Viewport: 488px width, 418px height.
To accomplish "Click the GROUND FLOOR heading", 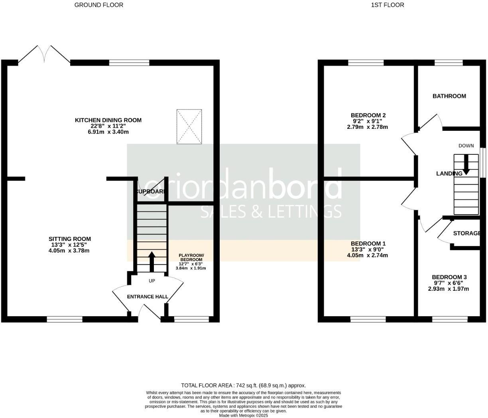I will (x=99, y=5).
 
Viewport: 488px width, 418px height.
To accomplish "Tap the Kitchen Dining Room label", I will (x=108, y=120).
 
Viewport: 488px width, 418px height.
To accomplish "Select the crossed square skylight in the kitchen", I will (x=189, y=126).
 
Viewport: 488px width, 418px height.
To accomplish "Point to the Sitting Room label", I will (x=70, y=239).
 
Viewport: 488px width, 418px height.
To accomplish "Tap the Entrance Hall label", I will (x=148, y=297).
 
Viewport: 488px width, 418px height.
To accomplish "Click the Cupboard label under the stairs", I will (x=151, y=192).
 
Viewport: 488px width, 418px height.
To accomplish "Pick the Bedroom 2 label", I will (x=368, y=115).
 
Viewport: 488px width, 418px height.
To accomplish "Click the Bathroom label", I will (x=449, y=96).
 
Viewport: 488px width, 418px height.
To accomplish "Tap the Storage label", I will (x=466, y=233).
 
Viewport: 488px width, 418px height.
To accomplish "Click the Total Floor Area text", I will (x=244, y=385).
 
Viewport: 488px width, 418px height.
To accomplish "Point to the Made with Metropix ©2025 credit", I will (x=244, y=415).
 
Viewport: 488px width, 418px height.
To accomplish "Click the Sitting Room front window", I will (x=65, y=319).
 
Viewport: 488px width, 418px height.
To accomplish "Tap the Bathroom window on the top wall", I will (x=449, y=63).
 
